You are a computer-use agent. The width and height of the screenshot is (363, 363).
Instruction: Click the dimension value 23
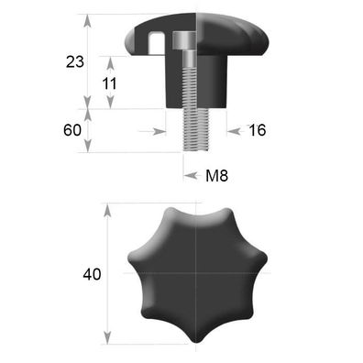tap(75, 61)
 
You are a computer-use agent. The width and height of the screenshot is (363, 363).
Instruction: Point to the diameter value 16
tap(257, 130)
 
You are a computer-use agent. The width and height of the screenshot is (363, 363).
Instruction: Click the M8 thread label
tap(215, 174)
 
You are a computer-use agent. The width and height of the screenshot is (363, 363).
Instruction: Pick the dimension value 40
tap(91, 274)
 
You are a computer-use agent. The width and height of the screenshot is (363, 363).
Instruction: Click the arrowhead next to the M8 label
tap(190, 174)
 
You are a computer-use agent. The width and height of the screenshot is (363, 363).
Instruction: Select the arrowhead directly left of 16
tap(230, 130)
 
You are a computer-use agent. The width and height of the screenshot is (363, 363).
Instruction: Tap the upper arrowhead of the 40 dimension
tap(108, 210)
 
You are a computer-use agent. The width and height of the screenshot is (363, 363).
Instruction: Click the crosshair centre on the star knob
tap(196, 273)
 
